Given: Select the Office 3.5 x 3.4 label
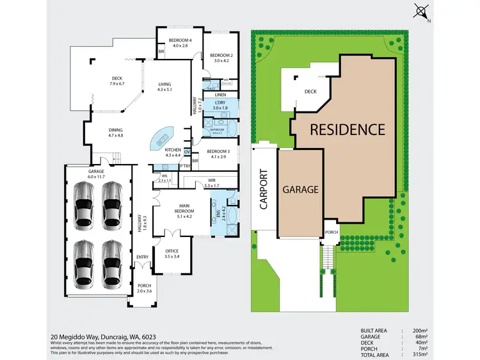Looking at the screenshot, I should point(171,253).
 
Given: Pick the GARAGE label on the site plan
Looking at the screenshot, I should point(300,190).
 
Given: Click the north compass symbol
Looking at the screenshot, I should point(422,11).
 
